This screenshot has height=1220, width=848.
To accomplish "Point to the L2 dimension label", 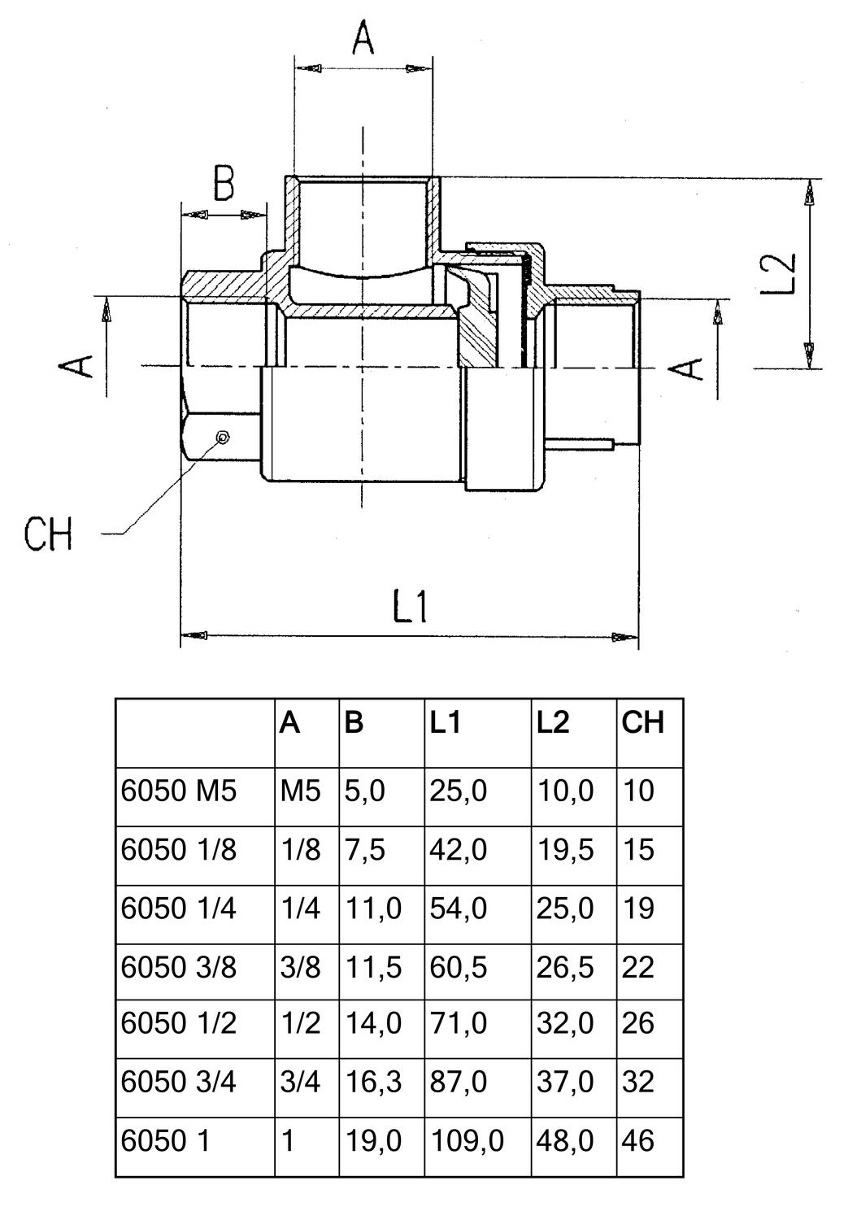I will [779, 274].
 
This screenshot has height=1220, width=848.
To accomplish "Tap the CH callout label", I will [48, 535].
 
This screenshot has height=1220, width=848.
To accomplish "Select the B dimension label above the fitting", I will [224, 184].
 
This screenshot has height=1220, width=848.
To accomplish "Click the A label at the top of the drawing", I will [363, 39].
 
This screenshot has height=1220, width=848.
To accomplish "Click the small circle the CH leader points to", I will [222, 438].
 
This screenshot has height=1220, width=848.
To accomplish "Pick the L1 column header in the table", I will [446, 722].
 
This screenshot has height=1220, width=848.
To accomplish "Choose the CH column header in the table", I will [642, 722].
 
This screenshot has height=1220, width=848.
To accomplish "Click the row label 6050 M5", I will [179, 791].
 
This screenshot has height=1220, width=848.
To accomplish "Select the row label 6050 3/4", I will [179, 1082].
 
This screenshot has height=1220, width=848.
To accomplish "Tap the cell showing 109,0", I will [467, 1141].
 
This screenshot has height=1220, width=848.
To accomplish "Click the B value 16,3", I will [372, 1082].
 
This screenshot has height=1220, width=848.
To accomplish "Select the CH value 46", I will [638, 1141].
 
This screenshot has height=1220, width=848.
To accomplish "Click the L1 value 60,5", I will [458, 968].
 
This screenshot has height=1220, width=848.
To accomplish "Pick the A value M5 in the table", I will [301, 791].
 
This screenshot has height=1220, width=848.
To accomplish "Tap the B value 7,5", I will [364, 850].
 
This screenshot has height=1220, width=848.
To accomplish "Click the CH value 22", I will [638, 968].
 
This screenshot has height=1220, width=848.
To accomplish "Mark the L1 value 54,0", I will [458, 908].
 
